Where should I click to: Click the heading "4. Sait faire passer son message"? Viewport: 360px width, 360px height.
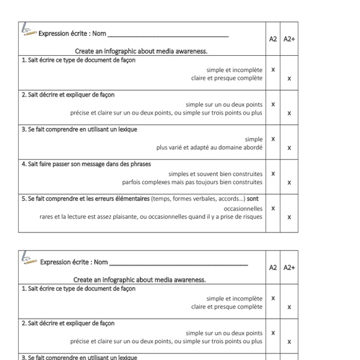tap(86, 164)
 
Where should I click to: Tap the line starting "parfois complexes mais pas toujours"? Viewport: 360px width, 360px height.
tap(192, 182)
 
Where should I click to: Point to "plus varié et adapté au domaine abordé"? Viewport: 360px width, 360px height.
tap(209, 147)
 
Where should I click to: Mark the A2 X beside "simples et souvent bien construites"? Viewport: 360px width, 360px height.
tap(273, 173)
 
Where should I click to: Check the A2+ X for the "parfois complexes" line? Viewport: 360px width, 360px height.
tap(289, 182)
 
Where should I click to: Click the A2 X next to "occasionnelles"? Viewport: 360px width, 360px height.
tap(273, 208)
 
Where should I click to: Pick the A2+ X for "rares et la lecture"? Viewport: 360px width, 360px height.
tap(289, 217)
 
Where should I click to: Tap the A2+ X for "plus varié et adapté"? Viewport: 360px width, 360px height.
tap(289, 148)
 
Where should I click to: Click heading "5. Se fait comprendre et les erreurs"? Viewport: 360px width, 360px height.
tap(85, 199)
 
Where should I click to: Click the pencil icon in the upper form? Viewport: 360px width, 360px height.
tap(28, 30)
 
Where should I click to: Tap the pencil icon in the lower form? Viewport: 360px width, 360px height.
tap(29, 259)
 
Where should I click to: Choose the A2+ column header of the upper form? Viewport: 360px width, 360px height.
tap(289, 39)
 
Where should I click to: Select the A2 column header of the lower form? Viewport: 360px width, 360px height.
tap(273, 267)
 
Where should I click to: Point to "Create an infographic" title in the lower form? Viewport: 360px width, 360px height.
tap(140, 280)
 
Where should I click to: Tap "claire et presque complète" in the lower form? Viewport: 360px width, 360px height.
tap(227, 307)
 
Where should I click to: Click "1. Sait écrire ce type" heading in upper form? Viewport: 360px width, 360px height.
tap(79, 60)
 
